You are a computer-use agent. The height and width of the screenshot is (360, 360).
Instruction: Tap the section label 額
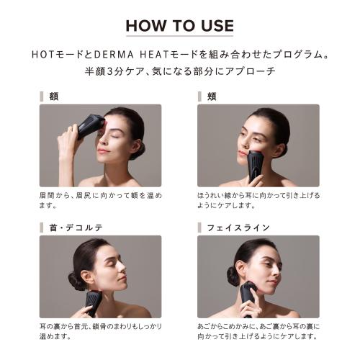[x=54, y=96]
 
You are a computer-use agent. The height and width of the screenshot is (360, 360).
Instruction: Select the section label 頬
[x=212, y=96]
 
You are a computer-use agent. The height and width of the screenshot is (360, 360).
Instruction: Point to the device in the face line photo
[x=247, y=295]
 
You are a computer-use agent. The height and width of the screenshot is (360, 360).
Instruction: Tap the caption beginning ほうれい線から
[x=258, y=199]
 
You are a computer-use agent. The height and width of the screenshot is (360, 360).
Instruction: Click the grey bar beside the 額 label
[x=42, y=96]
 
